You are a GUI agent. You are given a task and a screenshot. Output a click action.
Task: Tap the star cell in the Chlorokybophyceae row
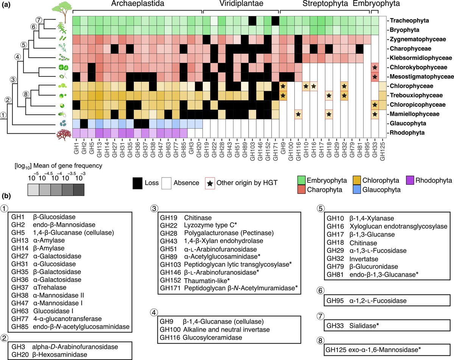(375, 67)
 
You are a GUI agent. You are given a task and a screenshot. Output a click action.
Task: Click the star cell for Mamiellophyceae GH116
(299, 114)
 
